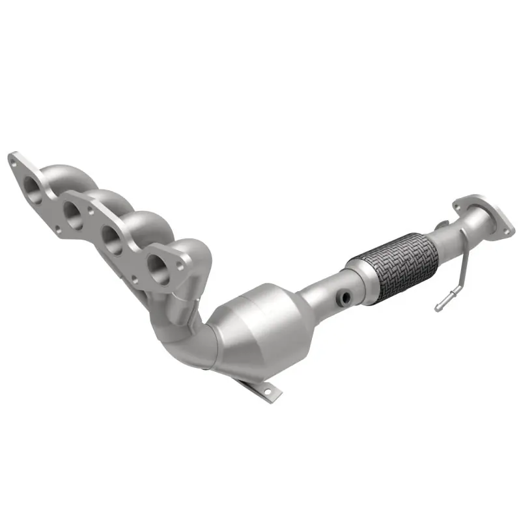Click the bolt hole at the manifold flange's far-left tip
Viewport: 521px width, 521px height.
coord(12,158)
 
